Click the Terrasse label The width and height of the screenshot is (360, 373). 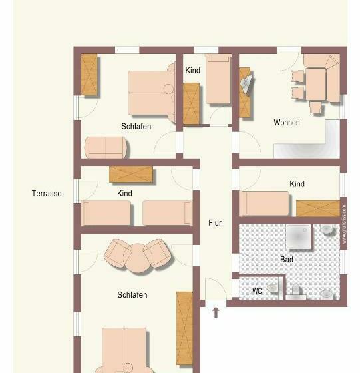pos(47,194)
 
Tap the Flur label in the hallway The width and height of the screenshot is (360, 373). pos(214,223)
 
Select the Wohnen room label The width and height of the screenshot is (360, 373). pos(287,123)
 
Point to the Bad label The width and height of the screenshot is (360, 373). pos(287,260)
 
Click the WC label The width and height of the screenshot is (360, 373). pos(257,291)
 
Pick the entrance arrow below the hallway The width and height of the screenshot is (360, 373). pos(215,312)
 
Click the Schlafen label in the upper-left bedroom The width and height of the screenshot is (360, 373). pos(136,127)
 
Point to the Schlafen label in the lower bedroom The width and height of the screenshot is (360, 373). pos(132,295)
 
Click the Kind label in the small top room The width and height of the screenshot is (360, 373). pos(192,71)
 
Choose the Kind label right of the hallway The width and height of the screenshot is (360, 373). pos(297,184)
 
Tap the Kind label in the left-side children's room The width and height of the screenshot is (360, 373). pos(124,194)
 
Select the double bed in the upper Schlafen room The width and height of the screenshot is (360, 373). pos(150,93)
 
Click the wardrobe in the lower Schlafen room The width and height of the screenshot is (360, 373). pos(184,328)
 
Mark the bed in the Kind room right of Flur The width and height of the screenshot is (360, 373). pos(265,203)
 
